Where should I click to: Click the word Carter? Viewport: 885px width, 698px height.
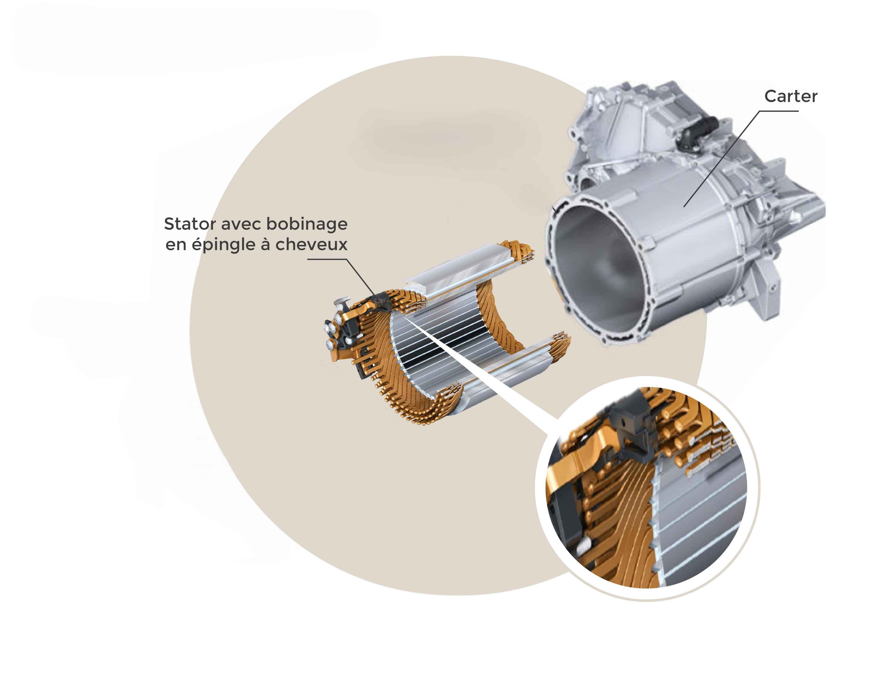click(791, 96)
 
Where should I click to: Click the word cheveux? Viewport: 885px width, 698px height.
click(311, 244)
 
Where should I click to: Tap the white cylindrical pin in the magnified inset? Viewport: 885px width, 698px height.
click(583, 545)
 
